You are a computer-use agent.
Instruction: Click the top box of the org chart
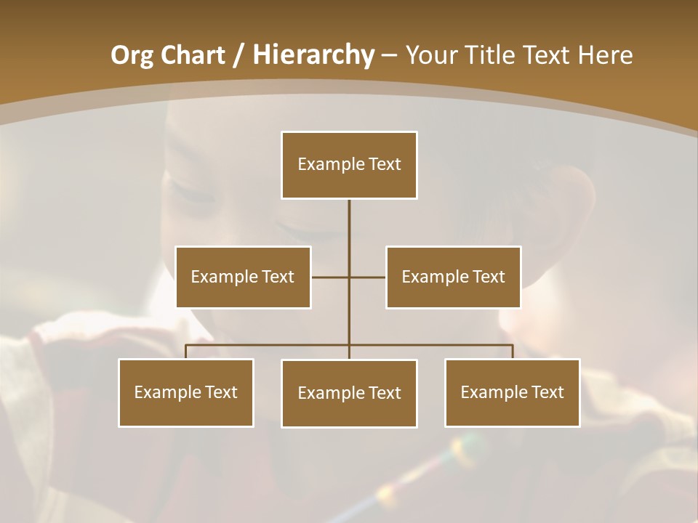point(349,165)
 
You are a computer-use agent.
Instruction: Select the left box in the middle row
point(243,277)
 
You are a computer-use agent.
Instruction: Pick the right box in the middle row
point(453,277)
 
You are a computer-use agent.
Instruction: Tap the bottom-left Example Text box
point(185,392)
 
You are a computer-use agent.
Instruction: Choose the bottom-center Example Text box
point(349,393)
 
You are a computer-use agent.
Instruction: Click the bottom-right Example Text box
point(512,392)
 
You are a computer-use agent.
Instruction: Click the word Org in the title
point(132,55)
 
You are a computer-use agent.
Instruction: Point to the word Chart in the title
point(191,55)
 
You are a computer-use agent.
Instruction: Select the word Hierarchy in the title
point(313,55)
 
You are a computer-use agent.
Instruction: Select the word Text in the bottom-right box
point(547,392)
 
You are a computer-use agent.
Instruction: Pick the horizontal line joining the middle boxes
point(331,277)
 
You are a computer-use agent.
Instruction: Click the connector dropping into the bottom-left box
point(185,352)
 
